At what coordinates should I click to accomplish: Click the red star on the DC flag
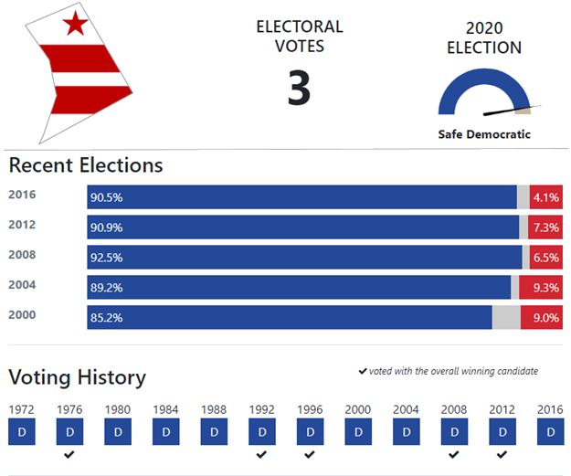(x=76, y=24)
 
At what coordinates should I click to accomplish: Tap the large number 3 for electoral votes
(x=299, y=88)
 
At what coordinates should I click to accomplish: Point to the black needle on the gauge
(x=512, y=110)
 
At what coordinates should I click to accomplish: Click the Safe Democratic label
(x=484, y=134)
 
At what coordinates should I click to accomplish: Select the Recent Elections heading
(x=86, y=165)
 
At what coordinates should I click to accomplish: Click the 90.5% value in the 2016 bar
(x=106, y=197)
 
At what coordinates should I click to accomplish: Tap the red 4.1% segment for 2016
(x=545, y=197)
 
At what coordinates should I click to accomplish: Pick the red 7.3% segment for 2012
(x=545, y=227)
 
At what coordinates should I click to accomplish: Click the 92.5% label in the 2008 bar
(x=106, y=258)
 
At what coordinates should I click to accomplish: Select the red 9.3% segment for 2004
(x=541, y=288)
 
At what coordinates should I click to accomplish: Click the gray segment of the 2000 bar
(x=506, y=317)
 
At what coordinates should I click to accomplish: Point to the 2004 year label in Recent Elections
(x=22, y=284)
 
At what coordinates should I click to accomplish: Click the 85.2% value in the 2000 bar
(x=106, y=318)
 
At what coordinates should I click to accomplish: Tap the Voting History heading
(x=78, y=377)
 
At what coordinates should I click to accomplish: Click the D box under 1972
(x=22, y=431)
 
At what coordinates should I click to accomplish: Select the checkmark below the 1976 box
(x=69, y=454)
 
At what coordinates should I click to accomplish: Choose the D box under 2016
(x=551, y=431)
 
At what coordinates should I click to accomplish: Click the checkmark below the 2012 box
(x=502, y=454)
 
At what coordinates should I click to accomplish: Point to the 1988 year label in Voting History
(x=214, y=409)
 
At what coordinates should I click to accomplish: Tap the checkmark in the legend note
(x=363, y=371)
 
